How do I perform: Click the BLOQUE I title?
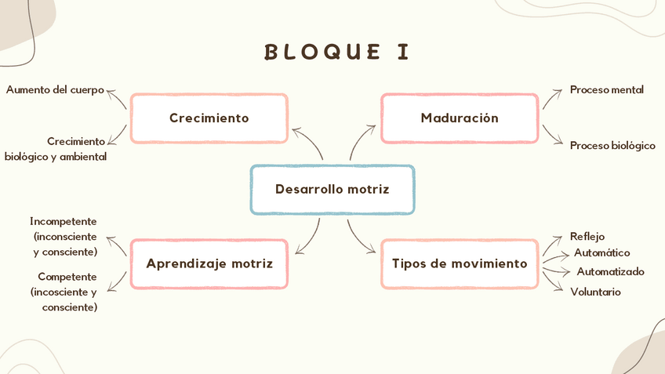tap(337, 52)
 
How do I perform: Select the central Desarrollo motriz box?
tap(332, 189)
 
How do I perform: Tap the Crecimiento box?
tap(209, 118)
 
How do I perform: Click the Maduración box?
tap(460, 118)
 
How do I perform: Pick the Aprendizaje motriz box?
tap(209, 263)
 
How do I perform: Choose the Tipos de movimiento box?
tap(460, 263)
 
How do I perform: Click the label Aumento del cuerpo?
tap(55, 89)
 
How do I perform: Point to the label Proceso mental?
tap(606, 89)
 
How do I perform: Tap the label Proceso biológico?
tap(612, 145)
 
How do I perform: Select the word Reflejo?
tap(587, 236)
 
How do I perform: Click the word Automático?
tap(601, 252)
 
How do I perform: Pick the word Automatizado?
tap(610, 271)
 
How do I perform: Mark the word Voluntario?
tap(595, 292)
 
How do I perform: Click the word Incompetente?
tap(64, 221)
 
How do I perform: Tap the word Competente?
tap(67, 277)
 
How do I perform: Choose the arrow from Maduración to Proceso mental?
tap(552, 97)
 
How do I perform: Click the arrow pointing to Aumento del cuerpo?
tap(118, 99)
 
